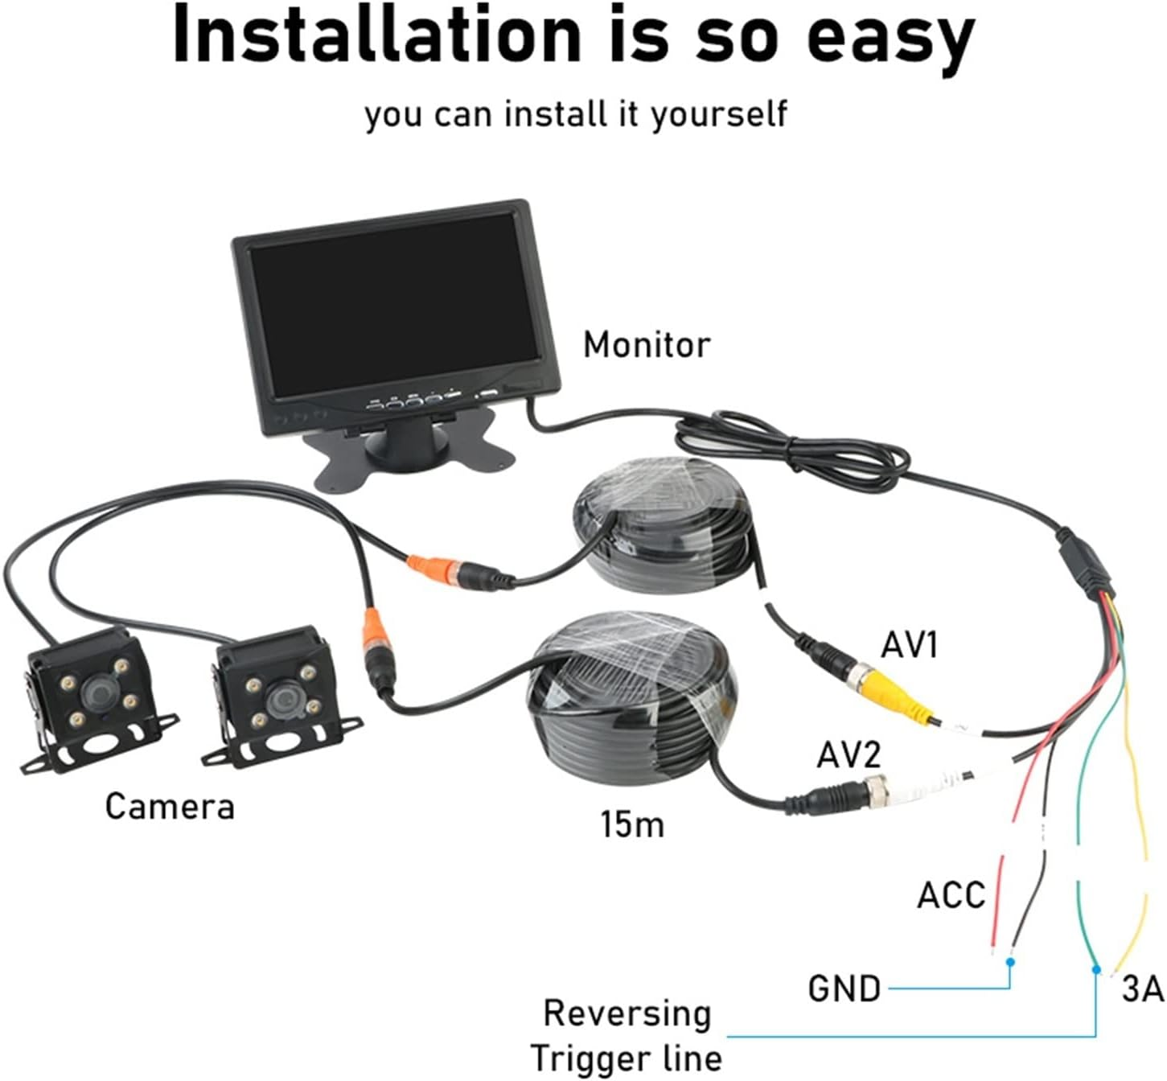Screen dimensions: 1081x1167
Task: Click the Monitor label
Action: pyautogui.click(x=647, y=345)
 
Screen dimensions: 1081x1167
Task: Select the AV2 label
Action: pyautogui.click(x=849, y=754)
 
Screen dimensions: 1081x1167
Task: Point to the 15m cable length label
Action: pyautogui.click(x=632, y=824)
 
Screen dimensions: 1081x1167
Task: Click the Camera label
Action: pyautogui.click(x=170, y=806)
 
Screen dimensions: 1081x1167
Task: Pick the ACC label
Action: pyautogui.click(x=951, y=894)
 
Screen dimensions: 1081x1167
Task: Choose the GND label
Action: pyautogui.click(x=844, y=989)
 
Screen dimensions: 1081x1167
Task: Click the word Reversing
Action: pyautogui.click(x=627, y=1013)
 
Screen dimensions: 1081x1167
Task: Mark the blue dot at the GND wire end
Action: pyautogui.click(x=1011, y=961)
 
